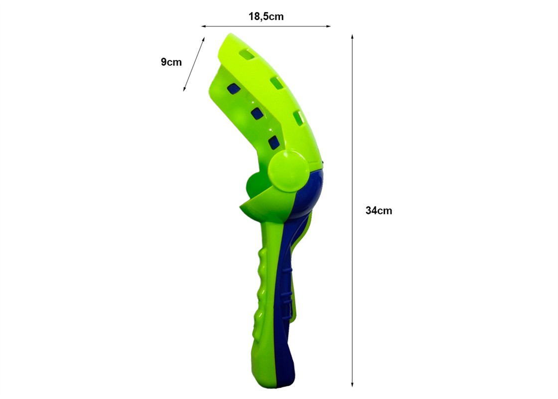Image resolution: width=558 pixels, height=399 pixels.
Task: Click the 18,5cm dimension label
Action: coord(266,17)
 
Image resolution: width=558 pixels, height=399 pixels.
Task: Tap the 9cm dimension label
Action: coord(171,62)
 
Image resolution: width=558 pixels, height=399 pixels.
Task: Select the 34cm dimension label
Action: coord(379,210)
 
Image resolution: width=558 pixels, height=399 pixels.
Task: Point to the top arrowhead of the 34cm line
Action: coord(352,37)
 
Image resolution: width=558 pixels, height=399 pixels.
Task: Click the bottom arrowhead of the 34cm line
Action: coord(352,384)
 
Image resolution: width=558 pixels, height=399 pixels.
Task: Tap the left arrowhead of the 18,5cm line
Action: coord(204,26)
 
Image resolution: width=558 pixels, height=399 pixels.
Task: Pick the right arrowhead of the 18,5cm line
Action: coord(328,26)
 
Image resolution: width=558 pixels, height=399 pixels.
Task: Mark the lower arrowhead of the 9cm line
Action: coord(184,89)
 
